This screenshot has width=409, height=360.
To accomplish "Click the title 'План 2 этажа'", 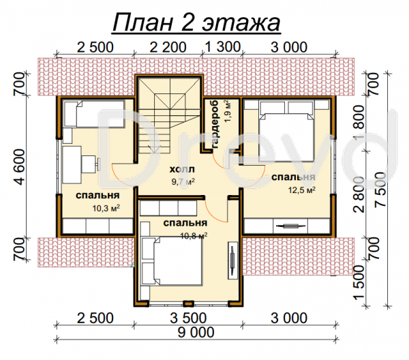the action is [197, 23].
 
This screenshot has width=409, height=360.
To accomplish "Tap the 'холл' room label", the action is [182, 170].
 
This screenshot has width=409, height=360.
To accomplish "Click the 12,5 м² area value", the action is [301, 190].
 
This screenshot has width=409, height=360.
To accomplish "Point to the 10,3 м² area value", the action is [106, 208].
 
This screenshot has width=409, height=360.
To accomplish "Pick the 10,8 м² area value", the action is [194, 236].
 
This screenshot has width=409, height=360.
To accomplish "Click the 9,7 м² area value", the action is [183, 181].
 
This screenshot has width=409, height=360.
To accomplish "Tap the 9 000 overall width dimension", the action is [196, 332].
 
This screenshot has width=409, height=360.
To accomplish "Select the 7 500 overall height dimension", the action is [380, 189].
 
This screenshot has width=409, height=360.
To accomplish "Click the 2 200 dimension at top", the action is [168, 47].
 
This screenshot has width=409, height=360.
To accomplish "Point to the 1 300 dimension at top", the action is [222, 47].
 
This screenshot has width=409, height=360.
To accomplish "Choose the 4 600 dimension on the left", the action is [20, 167].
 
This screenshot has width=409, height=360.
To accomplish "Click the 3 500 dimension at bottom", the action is [188, 318].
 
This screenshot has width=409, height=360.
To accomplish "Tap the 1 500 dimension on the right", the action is [359, 282].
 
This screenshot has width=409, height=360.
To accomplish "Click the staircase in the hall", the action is [169, 115].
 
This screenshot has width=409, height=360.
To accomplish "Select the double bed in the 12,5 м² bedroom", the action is [286, 131].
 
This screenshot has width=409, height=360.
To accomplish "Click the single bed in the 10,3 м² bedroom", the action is [94, 115].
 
